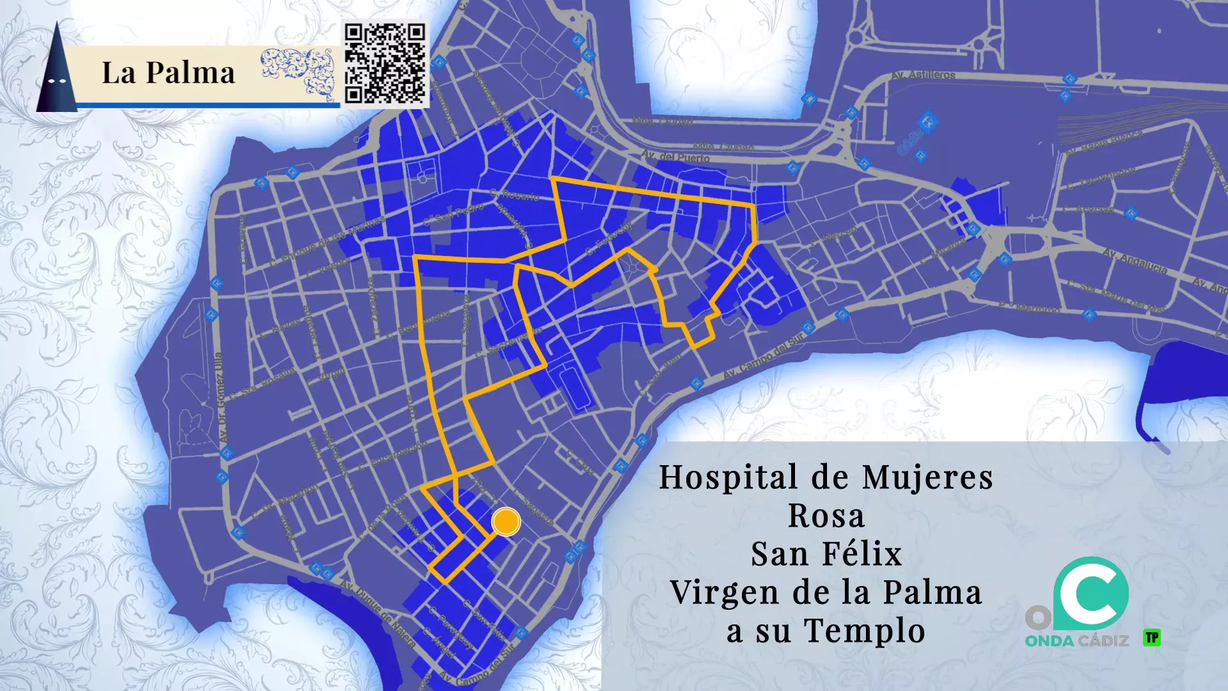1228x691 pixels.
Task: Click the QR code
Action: pos(384,63)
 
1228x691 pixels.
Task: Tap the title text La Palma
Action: pos(168,72)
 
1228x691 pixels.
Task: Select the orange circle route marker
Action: pos(506,521)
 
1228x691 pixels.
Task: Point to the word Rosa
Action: pos(826,516)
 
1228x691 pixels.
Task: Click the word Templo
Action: pos(864,631)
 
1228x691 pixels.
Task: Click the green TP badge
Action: pos(1152,637)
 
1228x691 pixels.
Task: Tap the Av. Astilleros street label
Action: pos(923,75)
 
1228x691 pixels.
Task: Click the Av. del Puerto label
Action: pos(675,157)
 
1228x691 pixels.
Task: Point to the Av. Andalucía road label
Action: pos(1135,262)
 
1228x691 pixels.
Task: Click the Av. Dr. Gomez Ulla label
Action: pos(219,397)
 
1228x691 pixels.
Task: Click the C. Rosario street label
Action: pos(515,195)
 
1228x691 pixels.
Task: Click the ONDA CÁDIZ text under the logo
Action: pos(1076,640)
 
